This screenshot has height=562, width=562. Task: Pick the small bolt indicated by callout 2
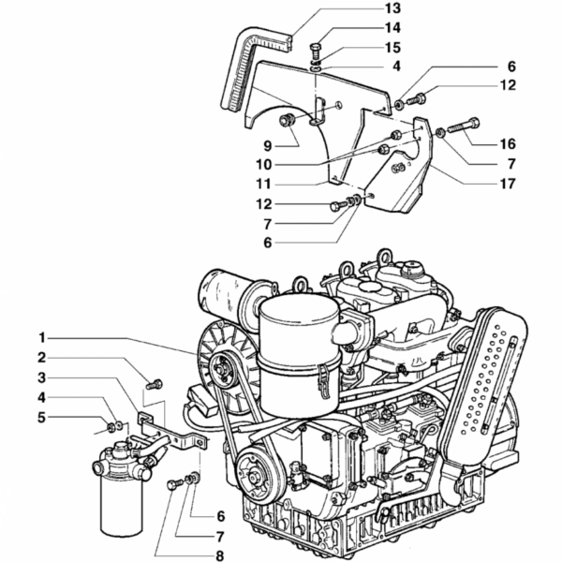(155, 383)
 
